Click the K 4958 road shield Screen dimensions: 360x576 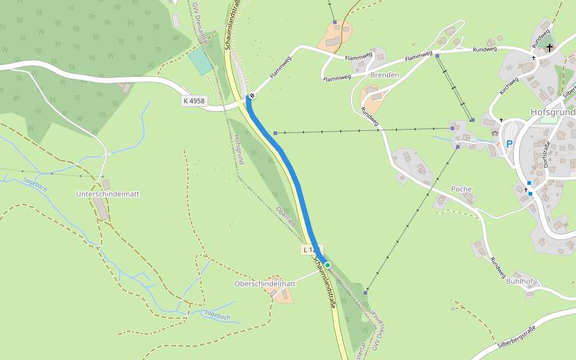click(x=194, y=101)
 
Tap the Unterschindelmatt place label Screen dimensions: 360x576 click(x=108, y=194)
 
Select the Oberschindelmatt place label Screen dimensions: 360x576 click(x=265, y=284)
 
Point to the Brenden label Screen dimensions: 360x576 click(x=385, y=75)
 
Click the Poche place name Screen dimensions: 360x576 click(x=461, y=189)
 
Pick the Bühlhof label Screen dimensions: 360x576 click(x=520, y=281)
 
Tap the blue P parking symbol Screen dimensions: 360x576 click(x=509, y=144)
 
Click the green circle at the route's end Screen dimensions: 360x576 click(x=328, y=265)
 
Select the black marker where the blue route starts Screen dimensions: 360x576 click(x=253, y=95)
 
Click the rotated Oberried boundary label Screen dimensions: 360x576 click(x=286, y=217)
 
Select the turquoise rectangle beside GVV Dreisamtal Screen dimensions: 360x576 click(x=200, y=61)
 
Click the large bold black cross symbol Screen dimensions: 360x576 click(x=549, y=47)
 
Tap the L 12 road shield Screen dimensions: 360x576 click(x=310, y=249)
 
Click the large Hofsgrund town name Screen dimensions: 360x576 click(x=553, y=112)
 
